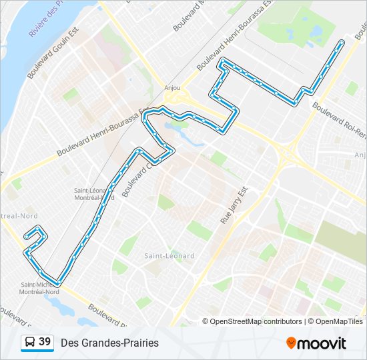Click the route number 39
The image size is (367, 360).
coord(45,342)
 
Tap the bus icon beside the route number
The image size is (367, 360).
coord(30,343)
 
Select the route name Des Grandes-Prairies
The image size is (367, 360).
coord(109,343)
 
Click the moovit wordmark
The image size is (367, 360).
coord(322,343)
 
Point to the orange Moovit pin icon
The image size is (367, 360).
coord(291,343)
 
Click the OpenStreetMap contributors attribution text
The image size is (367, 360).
coord(256,321)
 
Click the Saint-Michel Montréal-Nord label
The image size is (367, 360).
coord(41,288)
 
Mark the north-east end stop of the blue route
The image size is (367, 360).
coord(342,42)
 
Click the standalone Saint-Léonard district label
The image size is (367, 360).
coord(169,255)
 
